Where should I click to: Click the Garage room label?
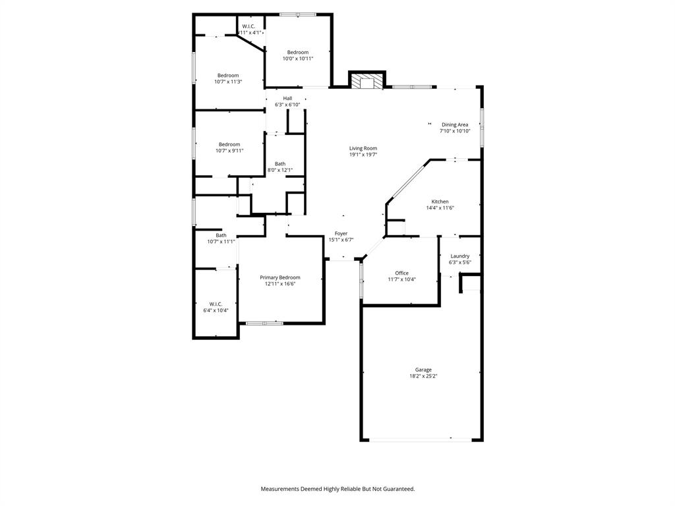tap(423, 370)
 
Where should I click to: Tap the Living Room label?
tap(363, 148)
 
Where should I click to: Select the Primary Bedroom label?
tap(279, 277)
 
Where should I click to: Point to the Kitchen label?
tap(440, 202)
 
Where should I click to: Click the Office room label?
tap(401, 273)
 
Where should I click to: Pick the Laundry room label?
tap(460, 256)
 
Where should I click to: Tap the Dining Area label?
tap(455, 125)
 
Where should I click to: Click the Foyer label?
tap(341, 233)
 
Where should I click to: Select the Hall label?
tap(287, 98)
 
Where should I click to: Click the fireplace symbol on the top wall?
tap(366, 82)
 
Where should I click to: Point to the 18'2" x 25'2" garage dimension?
tap(423, 376)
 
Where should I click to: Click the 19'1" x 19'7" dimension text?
tap(363, 155)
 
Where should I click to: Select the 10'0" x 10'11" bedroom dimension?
tap(297, 59)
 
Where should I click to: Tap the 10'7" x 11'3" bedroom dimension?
tap(228, 82)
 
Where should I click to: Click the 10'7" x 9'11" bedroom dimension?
tap(229, 151)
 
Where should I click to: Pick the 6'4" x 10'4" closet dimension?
tap(216, 310)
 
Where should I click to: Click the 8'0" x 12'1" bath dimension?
tap(280, 170)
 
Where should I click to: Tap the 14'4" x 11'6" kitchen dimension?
tap(440, 208)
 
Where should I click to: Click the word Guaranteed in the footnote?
tap(396, 489)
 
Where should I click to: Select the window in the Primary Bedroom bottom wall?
tap(264, 323)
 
